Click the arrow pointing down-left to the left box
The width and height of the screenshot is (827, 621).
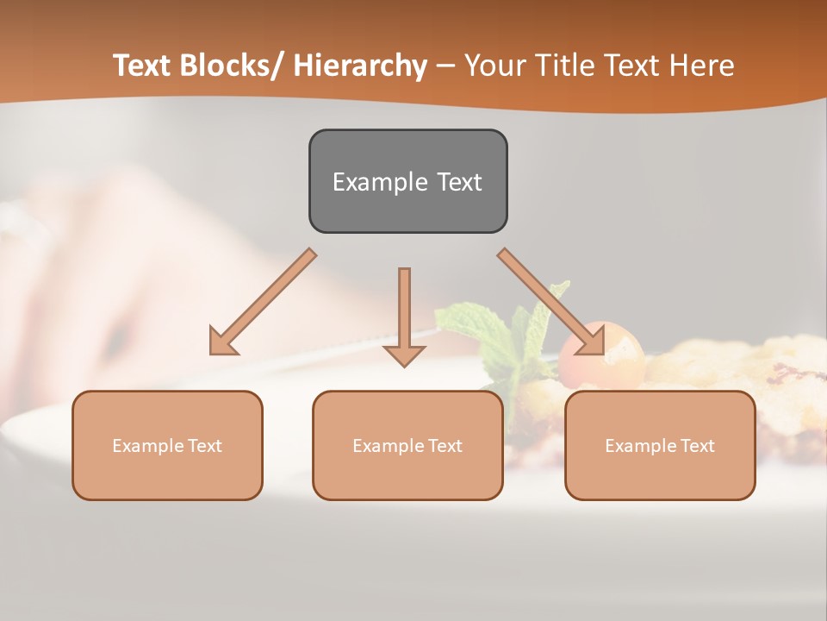pyautogui.click(x=263, y=302)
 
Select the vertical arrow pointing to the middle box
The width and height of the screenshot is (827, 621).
pyautogui.click(x=404, y=315)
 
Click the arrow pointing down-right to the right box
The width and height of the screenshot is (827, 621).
pyautogui.click(x=551, y=302)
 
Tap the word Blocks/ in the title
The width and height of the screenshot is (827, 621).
pyautogui.click(x=231, y=66)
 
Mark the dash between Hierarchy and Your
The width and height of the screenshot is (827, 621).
pyautogui.click(x=445, y=66)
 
